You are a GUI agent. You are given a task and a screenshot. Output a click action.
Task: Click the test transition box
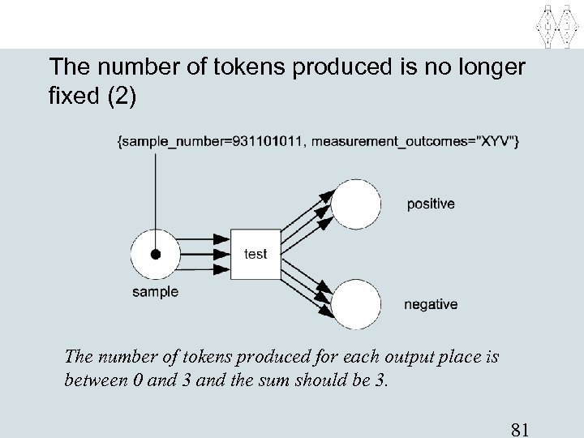pos(255,254)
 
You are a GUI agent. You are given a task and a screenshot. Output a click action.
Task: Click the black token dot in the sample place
pos(155,254)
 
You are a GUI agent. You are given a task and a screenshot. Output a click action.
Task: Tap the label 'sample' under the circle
pos(155,292)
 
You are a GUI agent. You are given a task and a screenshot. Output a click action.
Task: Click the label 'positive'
pos(431,204)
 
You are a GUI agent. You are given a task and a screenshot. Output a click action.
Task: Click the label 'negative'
pos(431,305)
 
